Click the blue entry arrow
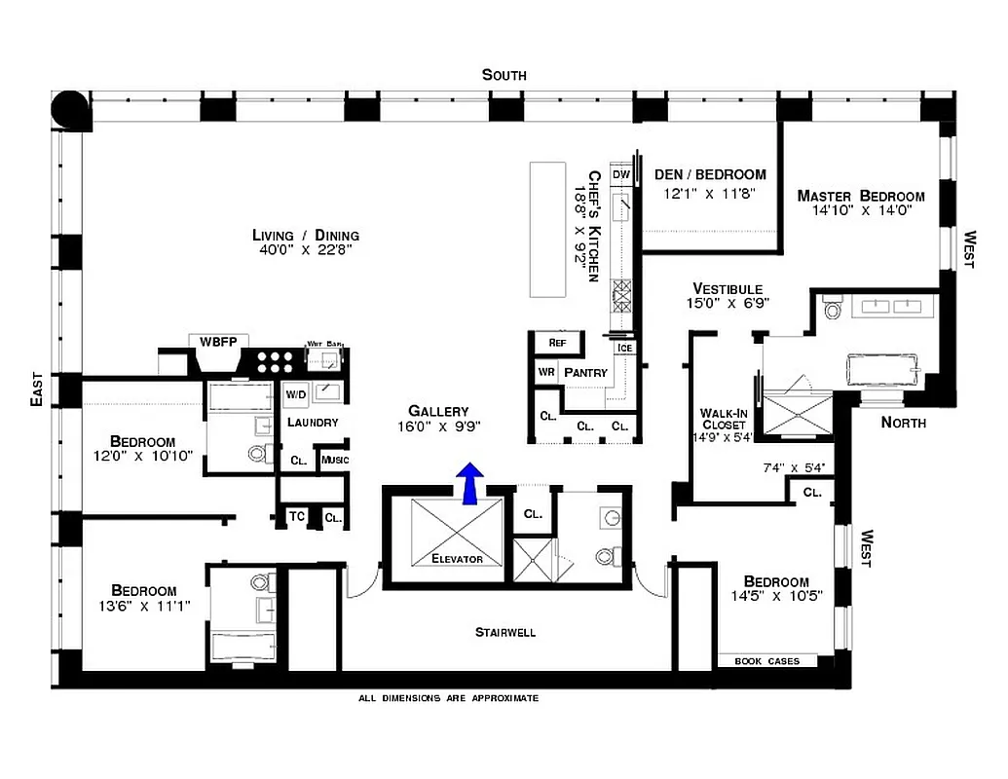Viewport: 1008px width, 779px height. coord(470,483)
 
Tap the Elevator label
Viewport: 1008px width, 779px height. coord(457,559)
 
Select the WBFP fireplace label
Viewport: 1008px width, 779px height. coord(218,341)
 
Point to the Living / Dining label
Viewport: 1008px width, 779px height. coord(305,235)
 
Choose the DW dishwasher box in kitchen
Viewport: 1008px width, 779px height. coord(620,174)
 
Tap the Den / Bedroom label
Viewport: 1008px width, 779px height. coord(709,174)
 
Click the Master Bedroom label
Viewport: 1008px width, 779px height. coord(860,196)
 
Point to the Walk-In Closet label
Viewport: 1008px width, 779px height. coord(723,418)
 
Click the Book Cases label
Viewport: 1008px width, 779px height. coord(766,661)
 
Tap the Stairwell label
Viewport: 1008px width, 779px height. coord(504,632)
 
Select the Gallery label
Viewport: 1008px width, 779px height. coord(438,411)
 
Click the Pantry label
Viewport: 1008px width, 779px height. coord(585,372)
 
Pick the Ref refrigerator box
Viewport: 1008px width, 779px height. coord(557,343)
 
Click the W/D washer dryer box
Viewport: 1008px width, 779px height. coord(295,394)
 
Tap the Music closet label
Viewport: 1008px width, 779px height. coord(334,460)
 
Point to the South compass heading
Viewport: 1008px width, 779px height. coord(504,75)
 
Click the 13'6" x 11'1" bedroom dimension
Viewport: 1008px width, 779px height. coord(143,606)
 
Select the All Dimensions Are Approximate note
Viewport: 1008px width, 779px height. coord(448,698)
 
